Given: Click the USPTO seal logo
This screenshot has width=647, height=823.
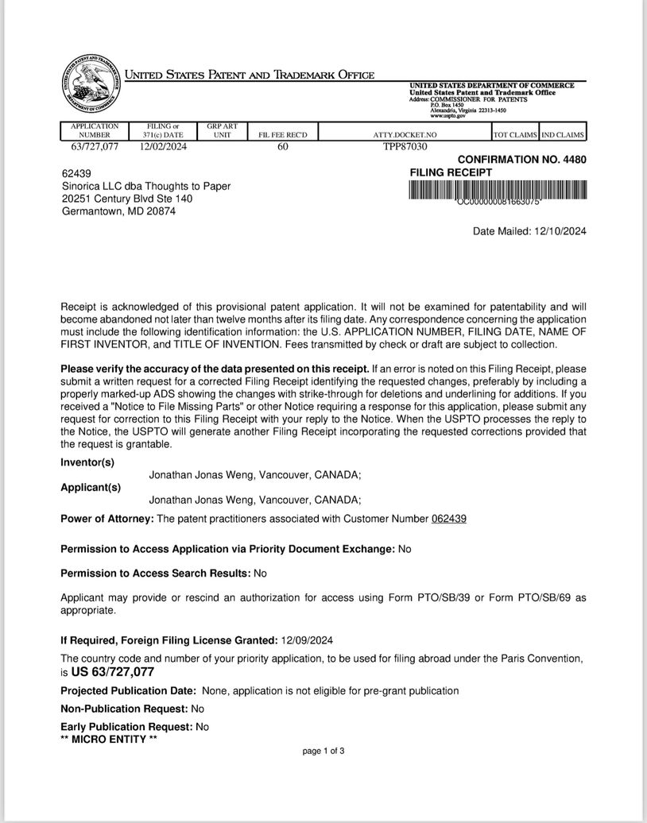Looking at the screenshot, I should pos(90,87).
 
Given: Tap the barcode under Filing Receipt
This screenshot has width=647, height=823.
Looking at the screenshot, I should pos(498,191).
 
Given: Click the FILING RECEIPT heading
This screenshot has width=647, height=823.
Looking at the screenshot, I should pos(451,172).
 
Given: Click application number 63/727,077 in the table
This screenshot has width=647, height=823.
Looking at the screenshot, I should pos(95,146).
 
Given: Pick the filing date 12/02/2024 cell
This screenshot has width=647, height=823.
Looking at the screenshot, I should pos(162,146).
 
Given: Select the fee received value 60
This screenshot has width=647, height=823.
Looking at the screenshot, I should pos(283,146).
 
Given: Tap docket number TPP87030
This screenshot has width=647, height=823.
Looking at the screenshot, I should pos(405,146).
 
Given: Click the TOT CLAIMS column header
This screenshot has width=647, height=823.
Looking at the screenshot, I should pos(515,135).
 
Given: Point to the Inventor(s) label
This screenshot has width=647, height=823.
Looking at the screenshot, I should pos(87,462).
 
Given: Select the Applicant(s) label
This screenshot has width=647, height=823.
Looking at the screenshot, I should pos(91,488).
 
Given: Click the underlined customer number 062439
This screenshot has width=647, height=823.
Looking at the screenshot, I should pos(448,519).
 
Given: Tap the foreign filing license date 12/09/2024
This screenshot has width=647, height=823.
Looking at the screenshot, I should pos(308,640).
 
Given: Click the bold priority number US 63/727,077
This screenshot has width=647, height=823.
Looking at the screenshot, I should pos(112,672).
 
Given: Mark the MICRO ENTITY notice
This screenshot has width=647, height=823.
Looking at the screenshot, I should pos(109,739).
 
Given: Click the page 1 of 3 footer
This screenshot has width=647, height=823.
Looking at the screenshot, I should pos(323,751).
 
